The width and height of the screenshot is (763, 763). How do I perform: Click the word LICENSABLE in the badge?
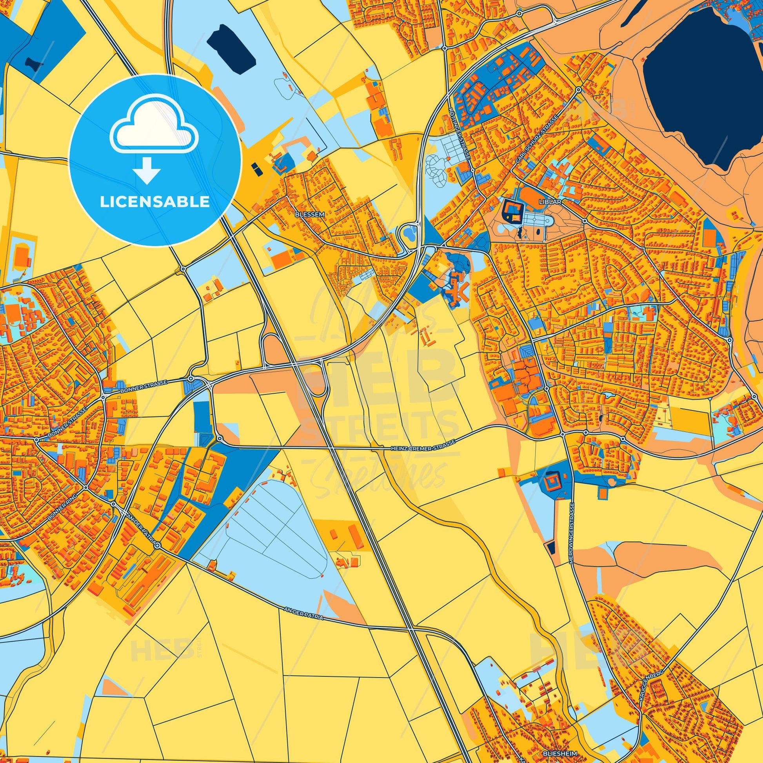pyautogui.click(x=155, y=202)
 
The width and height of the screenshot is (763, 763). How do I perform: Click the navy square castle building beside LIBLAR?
pyautogui.click(x=512, y=210)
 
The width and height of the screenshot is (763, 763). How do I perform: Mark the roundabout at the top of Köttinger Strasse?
pyautogui.click(x=445, y=48)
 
